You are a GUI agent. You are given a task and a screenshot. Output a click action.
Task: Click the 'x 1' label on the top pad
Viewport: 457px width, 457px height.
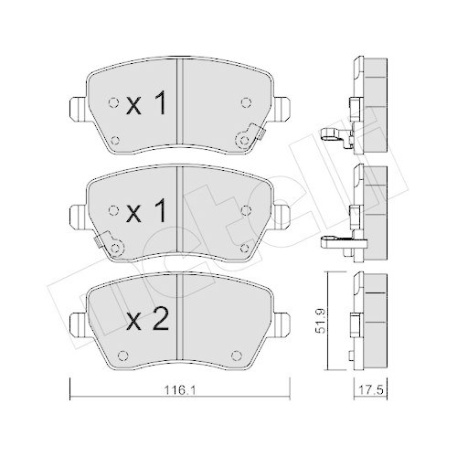pos(146,106)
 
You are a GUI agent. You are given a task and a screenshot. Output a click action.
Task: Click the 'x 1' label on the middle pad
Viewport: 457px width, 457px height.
pos(146,214)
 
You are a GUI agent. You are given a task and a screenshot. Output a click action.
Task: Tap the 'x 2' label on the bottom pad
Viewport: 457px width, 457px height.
pos(145,321)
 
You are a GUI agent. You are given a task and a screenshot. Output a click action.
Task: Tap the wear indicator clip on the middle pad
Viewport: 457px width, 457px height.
pos(111,246)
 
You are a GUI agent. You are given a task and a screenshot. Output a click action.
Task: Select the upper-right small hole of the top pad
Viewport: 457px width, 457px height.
pos(243,101)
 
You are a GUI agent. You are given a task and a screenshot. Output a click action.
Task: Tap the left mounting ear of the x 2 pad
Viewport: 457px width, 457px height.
pos(75,321)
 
